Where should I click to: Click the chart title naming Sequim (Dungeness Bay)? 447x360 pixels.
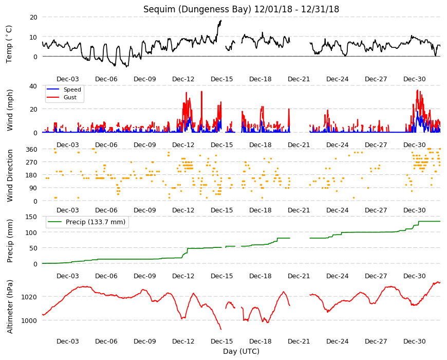tap(241, 9)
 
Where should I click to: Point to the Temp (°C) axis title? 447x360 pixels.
tap(9, 44)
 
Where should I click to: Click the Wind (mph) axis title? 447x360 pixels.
tap(10, 110)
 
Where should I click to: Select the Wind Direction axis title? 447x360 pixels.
tap(10, 175)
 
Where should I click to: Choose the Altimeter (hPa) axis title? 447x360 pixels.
tap(10, 307)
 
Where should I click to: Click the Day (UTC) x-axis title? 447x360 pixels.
tap(241, 351)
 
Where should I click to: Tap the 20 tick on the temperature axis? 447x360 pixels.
tap(33, 17)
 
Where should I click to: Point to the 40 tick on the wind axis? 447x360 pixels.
tap(33, 86)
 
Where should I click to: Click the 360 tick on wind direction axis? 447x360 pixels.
tap(32, 149)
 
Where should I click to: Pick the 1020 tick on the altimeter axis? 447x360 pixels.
tap(29, 297)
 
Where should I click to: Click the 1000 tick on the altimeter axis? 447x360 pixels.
tap(29, 320)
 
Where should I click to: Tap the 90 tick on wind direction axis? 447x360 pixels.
tap(33, 188)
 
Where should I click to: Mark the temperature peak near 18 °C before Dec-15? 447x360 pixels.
tap(220, 21)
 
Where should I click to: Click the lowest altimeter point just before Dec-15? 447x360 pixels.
tap(221, 329)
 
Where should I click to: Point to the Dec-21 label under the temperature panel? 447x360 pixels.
tap(299, 79)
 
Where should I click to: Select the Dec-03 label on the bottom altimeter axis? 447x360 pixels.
tap(67, 341)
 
